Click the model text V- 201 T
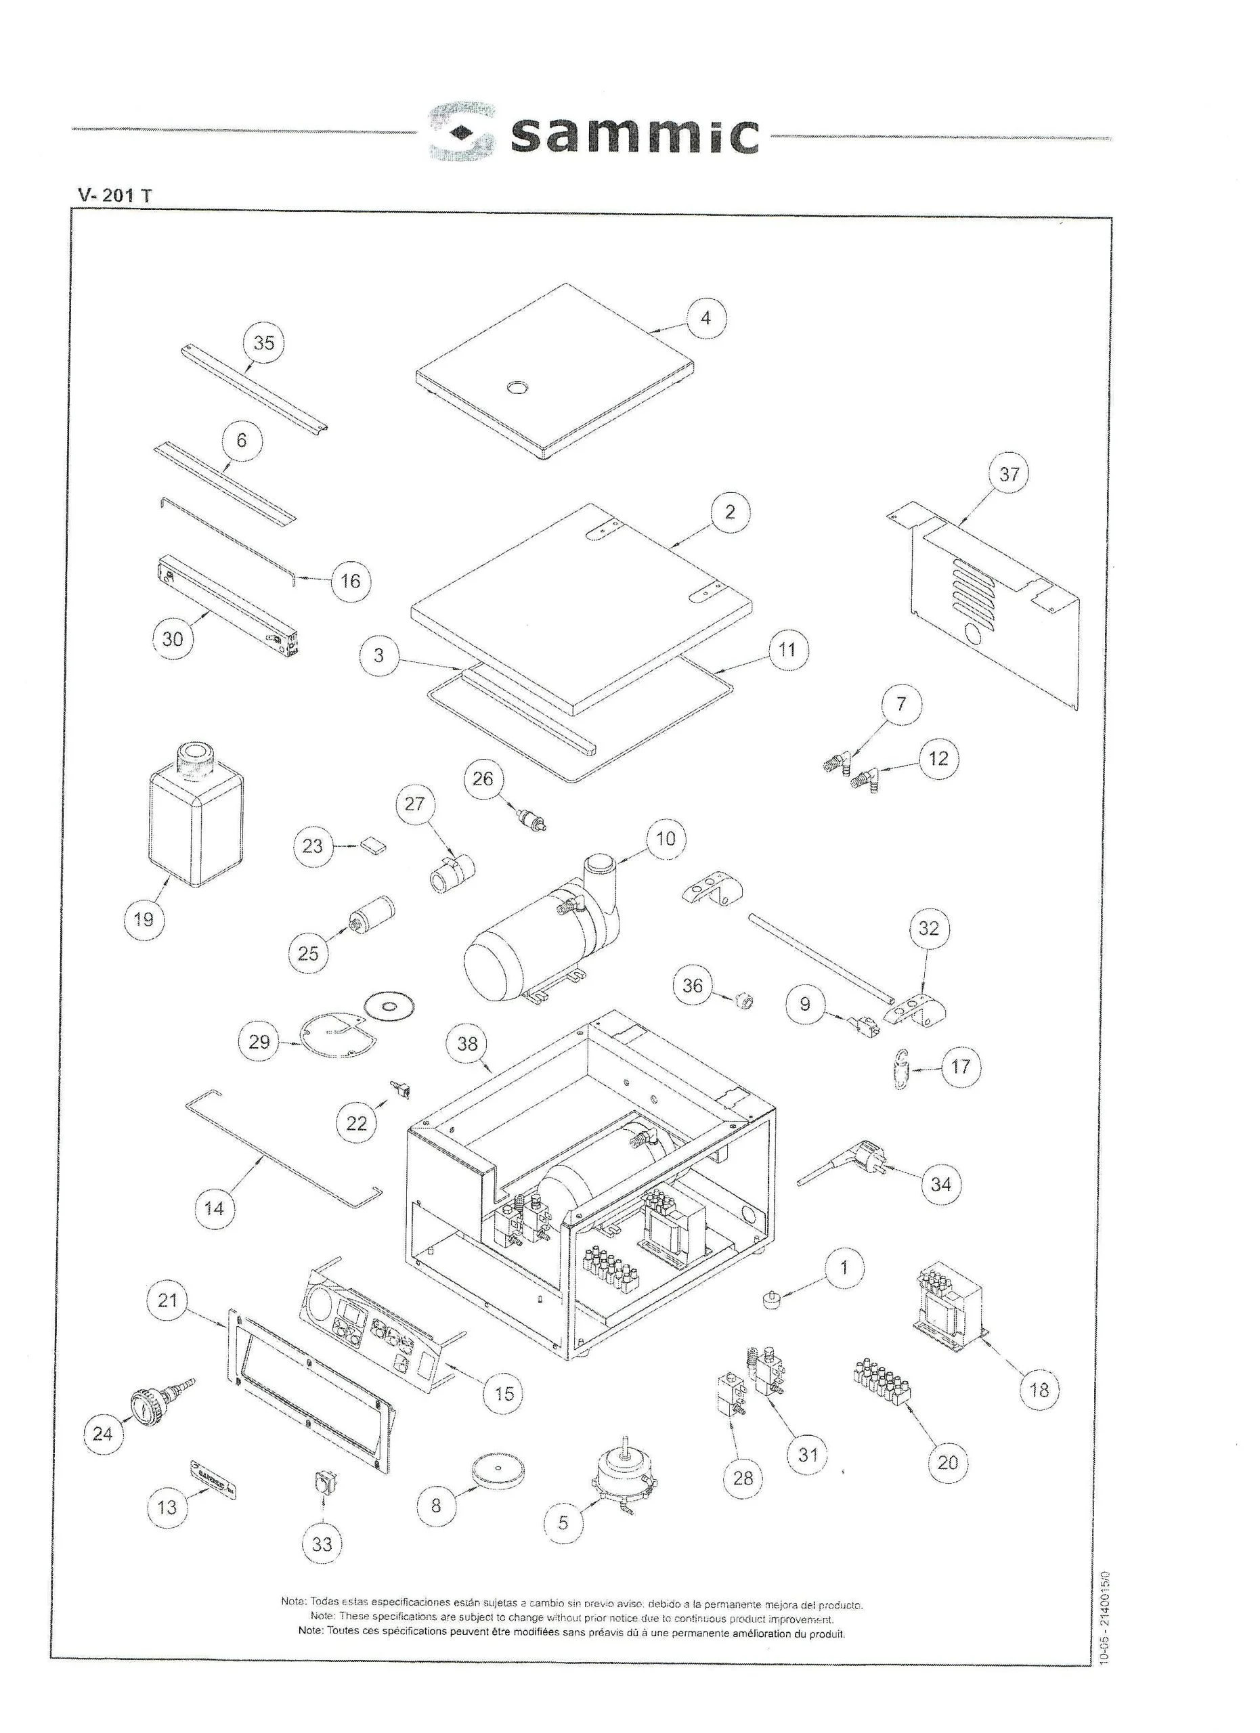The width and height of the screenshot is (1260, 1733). coord(114,195)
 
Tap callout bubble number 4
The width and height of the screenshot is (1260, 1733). coord(705,318)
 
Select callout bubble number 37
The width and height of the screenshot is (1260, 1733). coord(1009,475)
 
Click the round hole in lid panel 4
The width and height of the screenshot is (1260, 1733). coord(518,388)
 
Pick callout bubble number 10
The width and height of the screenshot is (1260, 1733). coord(666,839)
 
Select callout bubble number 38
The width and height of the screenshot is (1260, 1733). coord(467,1044)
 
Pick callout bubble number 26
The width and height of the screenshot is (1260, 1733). coord(483,778)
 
